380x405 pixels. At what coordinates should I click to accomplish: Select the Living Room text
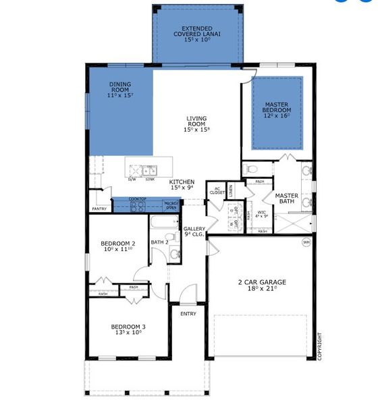[196, 124]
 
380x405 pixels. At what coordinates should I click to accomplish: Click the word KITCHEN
[182, 182]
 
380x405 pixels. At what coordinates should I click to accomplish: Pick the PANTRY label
[99, 209]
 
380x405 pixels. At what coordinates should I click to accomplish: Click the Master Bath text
[286, 199]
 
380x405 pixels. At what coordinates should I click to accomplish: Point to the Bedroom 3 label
[128, 327]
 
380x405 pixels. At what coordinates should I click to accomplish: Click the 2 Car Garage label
[262, 282]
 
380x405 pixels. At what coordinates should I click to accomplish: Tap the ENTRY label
[188, 313]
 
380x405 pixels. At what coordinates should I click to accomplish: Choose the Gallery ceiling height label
[195, 232]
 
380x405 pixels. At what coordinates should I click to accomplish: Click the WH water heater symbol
[306, 242]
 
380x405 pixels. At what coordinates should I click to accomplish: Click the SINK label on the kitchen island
[150, 179]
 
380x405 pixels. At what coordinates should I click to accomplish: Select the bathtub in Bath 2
[163, 224]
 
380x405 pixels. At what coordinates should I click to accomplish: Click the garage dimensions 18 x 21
[262, 288]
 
